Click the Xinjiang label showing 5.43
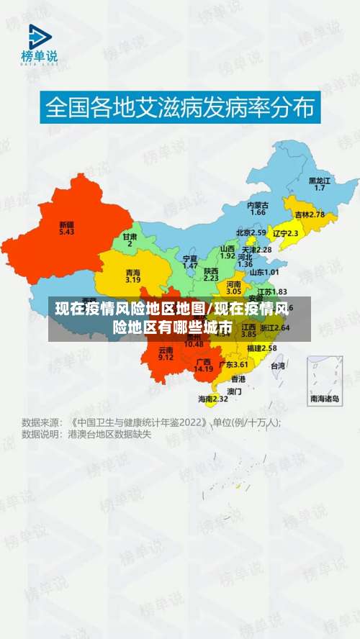coord(67,228)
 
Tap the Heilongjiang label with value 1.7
coord(320,183)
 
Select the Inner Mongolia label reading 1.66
coord(258,209)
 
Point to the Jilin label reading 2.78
coord(310,214)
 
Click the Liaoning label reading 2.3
coord(285,233)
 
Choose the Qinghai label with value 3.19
coord(133,276)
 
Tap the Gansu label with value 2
coord(130,240)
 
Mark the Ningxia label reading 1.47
coord(190,262)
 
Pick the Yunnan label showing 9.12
coord(166,353)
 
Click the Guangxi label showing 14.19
coord(204,365)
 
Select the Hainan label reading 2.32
coord(213,398)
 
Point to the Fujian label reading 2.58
coord(261,348)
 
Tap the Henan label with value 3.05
coord(234,288)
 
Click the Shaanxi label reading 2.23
coord(211,274)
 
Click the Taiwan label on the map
coord(277,366)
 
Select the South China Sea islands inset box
coord(325,380)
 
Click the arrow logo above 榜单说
coord(40,37)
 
